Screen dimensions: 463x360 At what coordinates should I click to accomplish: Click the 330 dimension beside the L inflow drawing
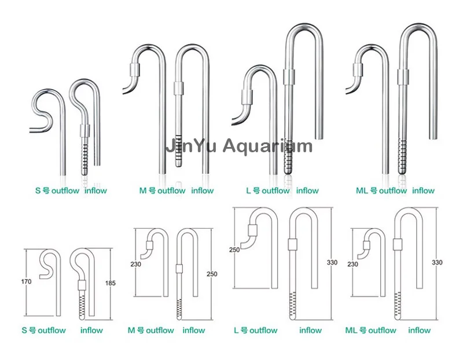(332, 263)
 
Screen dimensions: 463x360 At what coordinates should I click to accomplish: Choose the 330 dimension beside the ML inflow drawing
(438, 263)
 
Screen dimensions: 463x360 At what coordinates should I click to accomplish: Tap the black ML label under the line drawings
(351, 330)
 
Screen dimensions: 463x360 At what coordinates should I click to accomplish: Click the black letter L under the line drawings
(236, 330)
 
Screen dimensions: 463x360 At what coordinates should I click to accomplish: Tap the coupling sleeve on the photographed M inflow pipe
(178, 88)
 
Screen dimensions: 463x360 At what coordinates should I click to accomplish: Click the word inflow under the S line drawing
(91, 330)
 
